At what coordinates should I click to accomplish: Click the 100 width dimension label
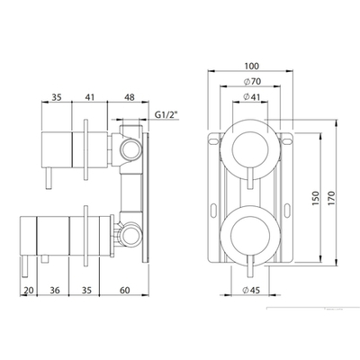click(x=251, y=66)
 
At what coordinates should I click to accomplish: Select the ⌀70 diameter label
click(x=252, y=82)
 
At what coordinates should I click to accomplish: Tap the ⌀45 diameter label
click(x=251, y=290)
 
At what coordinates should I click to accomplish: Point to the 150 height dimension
click(x=316, y=198)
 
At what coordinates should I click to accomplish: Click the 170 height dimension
click(x=331, y=198)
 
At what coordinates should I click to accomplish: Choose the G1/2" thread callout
click(x=166, y=115)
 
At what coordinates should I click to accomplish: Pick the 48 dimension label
click(x=130, y=97)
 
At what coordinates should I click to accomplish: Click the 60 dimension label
click(x=125, y=290)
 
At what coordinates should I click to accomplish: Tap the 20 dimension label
click(x=29, y=290)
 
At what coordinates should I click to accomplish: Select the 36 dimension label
click(x=55, y=290)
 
